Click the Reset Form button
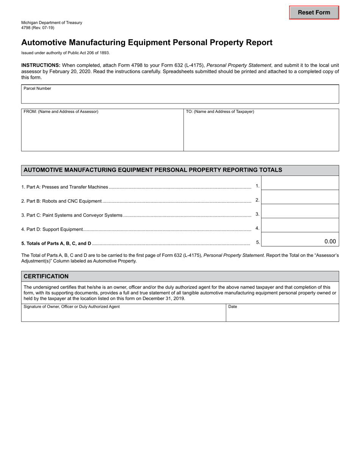(x=314, y=13)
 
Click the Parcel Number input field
(x=180, y=96)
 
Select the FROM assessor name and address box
(x=102, y=132)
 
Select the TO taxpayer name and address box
(x=261, y=132)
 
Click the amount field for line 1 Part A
(x=300, y=183)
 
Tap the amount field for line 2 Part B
(x=300, y=197)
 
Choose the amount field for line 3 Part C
(x=300, y=211)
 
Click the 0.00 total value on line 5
(x=330, y=241)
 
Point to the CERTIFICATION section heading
(x=46, y=276)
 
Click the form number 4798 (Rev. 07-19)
(x=38, y=28)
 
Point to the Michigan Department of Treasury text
(x=52, y=23)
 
